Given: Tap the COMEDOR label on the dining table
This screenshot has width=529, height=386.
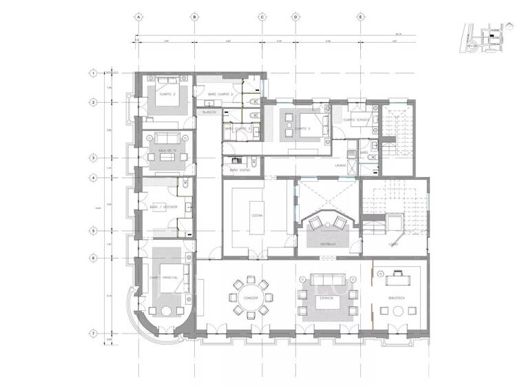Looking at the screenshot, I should click(x=251, y=298).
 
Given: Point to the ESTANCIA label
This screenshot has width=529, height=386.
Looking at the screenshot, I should click(x=326, y=298).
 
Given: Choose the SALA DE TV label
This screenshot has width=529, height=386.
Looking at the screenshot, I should click(x=167, y=150).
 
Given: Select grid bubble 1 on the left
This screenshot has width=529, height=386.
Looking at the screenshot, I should click(x=93, y=72).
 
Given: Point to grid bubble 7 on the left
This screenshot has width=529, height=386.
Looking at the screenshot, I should click(x=93, y=333).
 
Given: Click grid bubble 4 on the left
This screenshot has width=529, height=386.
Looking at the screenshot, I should click(x=93, y=177).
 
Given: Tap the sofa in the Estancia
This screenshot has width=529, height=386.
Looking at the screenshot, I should click(x=326, y=279).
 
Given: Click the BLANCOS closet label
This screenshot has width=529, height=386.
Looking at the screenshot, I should click(x=209, y=112).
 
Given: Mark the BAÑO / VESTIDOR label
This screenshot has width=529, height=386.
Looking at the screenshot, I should click(x=164, y=207).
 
